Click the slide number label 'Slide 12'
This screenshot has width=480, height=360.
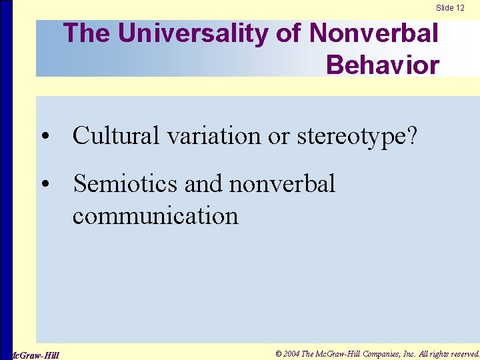click(450, 8)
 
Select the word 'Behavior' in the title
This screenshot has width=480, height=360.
click(383, 65)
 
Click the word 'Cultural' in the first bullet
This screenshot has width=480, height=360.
click(116, 135)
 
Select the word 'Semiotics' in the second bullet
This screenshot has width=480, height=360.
click(125, 183)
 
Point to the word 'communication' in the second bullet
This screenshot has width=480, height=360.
click(155, 215)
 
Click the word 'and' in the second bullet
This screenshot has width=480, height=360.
click(205, 183)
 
